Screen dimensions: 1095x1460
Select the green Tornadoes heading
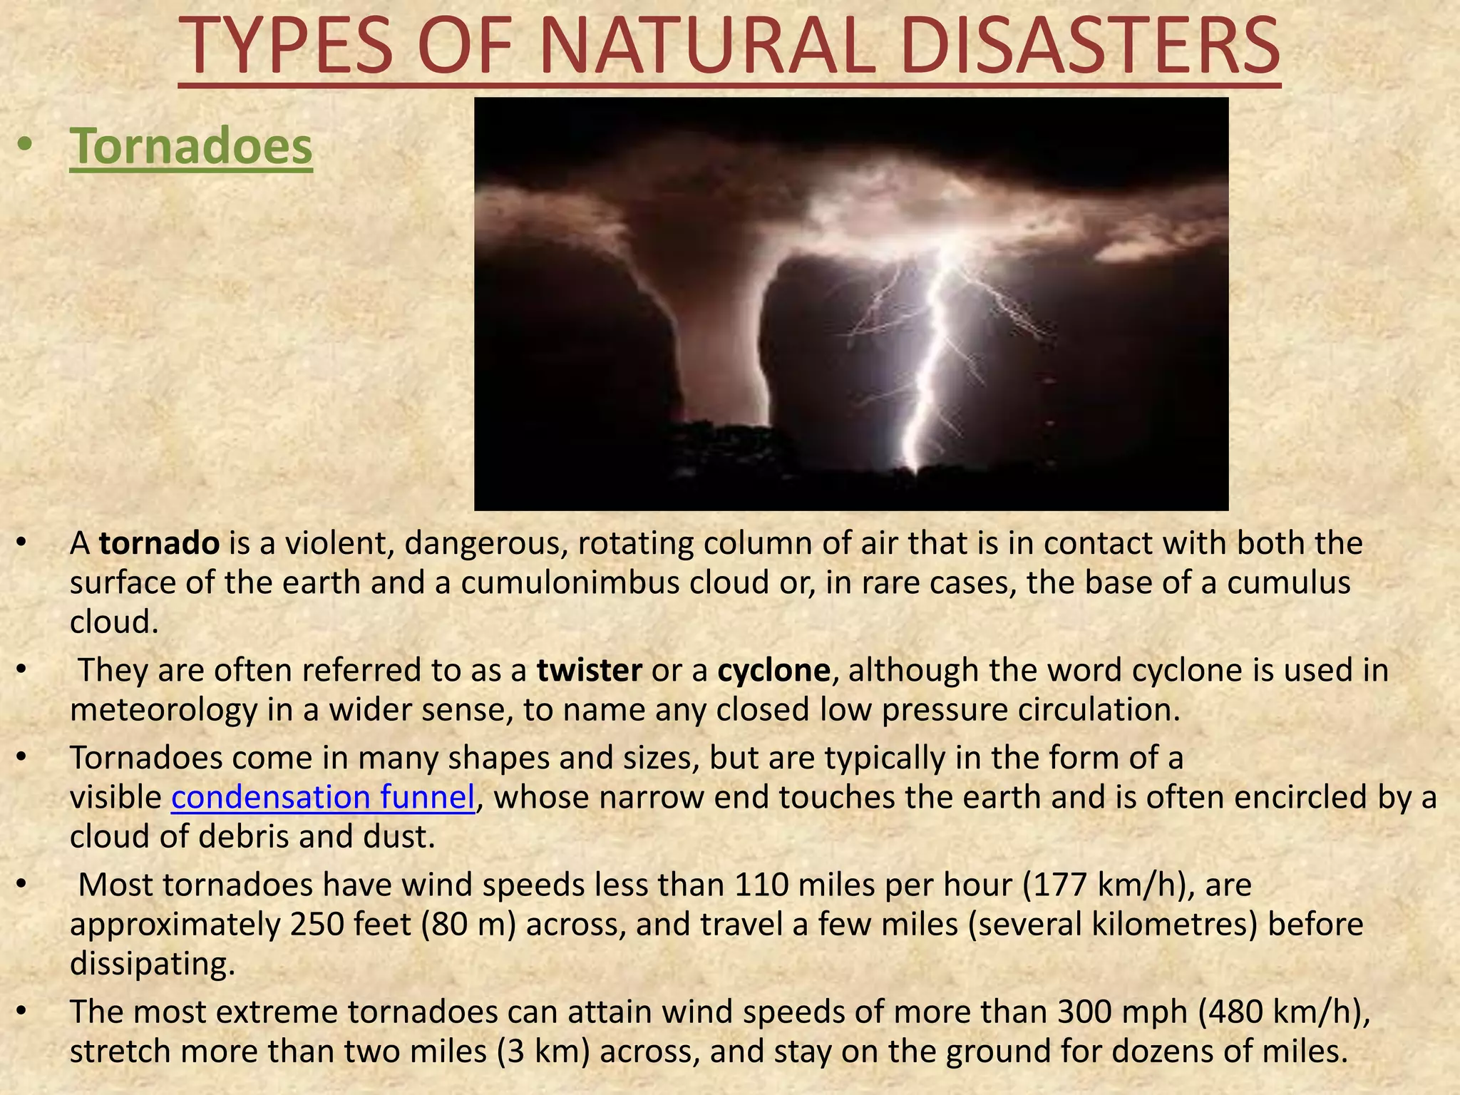point(190,146)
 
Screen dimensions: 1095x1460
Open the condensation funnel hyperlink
point(323,797)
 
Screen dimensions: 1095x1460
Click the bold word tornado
point(159,544)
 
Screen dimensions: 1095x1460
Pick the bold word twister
point(589,671)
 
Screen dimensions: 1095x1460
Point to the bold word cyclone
point(773,671)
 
